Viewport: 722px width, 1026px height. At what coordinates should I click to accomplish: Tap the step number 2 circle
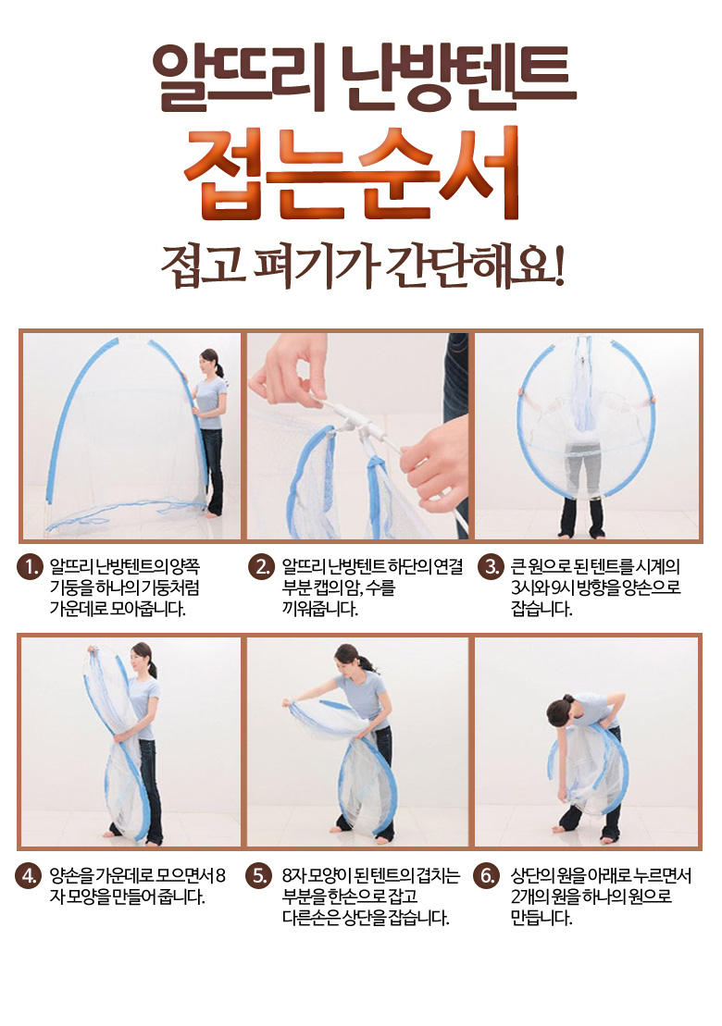[x=261, y=567]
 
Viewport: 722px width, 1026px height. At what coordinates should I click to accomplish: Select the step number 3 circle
[x=490, y=567]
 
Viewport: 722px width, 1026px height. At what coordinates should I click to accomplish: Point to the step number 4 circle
[x=28, y=876]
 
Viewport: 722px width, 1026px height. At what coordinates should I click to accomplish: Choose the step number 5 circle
[x=259, y=876]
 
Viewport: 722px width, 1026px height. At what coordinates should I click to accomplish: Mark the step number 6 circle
[x=488, y=876]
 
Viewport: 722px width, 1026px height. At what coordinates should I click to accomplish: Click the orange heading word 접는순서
[x=352, y=175]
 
